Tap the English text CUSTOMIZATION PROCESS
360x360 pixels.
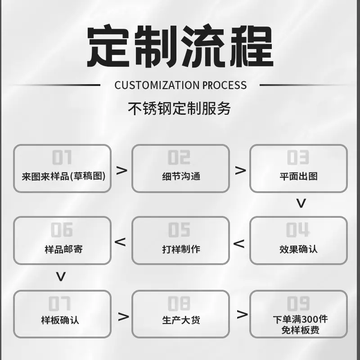180,85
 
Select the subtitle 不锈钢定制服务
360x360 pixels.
179,108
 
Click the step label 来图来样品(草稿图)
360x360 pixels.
63,176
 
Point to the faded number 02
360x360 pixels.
179,157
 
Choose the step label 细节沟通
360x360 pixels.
181,176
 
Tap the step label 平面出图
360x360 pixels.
298,176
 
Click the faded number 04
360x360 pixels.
297,229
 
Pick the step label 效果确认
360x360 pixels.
298,249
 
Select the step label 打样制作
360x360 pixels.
181,249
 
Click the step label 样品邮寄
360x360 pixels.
63,249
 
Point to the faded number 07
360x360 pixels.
59,303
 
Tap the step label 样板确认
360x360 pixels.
60,320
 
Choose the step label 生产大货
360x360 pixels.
181,320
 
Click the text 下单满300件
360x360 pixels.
300,319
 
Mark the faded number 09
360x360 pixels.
298,303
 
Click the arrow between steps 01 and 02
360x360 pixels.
121,171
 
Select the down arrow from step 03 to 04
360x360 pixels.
301,203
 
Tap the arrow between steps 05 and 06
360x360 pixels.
120,242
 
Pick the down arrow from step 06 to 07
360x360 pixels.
61,277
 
